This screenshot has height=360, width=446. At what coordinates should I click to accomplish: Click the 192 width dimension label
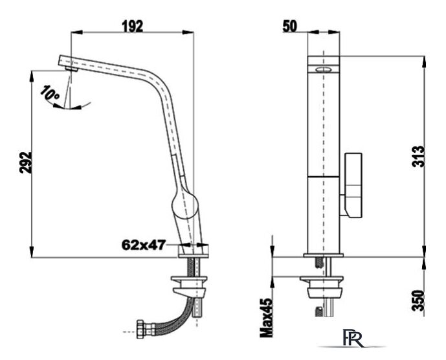133,27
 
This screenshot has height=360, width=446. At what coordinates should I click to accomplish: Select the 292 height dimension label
26,163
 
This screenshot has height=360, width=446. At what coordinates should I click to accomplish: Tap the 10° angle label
49,92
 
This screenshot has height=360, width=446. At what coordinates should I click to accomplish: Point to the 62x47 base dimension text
144,245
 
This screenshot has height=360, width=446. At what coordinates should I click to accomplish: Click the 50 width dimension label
289,27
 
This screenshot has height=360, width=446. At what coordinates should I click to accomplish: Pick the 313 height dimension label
418,157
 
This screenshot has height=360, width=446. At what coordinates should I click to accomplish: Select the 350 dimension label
418,300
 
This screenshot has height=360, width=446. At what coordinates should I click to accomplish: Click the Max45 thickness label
267,318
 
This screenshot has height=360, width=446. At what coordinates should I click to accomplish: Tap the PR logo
353,339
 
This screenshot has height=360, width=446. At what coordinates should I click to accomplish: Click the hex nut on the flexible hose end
140,330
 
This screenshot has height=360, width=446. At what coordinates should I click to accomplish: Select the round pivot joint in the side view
184,206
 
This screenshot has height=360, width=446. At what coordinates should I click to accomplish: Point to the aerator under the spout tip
71,69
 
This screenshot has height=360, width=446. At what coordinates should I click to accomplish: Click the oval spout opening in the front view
324,69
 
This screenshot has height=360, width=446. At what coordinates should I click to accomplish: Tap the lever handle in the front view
353,186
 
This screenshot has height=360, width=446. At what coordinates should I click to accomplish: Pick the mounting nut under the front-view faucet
322,287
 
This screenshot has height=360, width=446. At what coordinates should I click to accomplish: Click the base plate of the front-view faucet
324,255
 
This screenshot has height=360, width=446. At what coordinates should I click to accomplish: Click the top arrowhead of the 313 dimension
424,62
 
